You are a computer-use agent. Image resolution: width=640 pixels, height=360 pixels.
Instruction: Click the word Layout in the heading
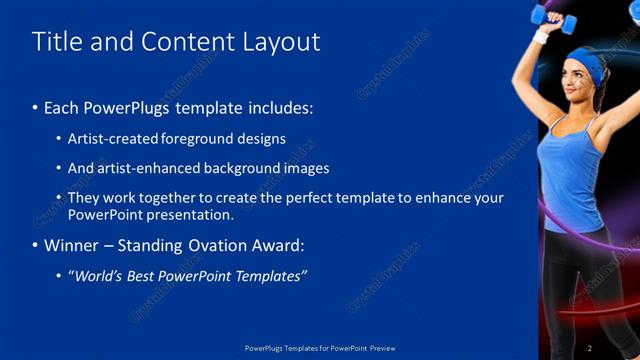282,41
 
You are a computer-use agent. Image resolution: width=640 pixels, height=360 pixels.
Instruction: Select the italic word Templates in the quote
268,276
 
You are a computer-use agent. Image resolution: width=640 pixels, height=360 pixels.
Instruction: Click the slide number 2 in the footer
589,348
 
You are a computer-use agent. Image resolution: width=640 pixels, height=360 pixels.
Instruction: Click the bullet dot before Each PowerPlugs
36,106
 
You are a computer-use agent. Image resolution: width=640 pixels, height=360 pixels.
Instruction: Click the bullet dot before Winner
36,245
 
